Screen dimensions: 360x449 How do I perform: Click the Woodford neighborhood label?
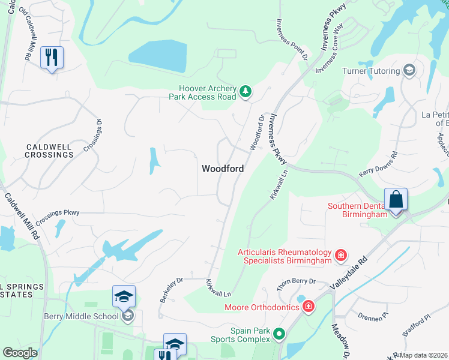point(223,169)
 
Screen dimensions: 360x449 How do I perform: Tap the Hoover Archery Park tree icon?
point(245,92)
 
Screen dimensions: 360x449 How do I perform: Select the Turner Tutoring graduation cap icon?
point(409,71)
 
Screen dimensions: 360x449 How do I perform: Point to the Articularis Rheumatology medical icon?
point(340,256)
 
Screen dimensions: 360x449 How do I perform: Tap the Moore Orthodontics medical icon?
point(308,307)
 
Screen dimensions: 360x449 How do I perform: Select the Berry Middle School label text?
point(81,316)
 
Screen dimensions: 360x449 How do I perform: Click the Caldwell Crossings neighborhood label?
point(49,151)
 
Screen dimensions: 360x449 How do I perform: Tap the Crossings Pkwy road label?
point(58,212)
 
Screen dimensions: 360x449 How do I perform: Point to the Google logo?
point(20,353)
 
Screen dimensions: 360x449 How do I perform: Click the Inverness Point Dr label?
point(292,39)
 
